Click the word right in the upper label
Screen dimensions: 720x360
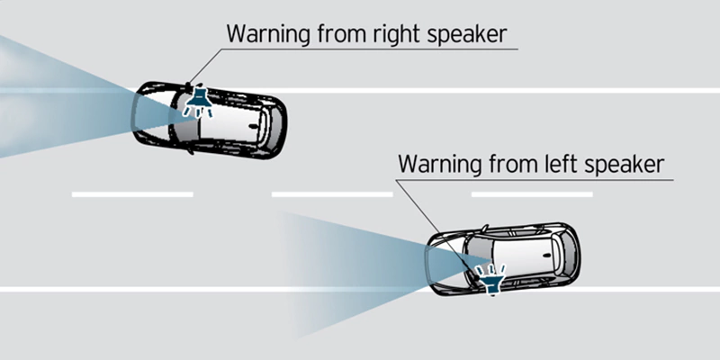(x=397, y=34)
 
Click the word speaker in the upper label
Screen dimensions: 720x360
(x=468, y=35)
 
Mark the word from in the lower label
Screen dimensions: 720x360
(x=508, y=164)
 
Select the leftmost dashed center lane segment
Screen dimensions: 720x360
(x=132, y=194)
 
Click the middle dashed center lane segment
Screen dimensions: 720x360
(x=332, y=194)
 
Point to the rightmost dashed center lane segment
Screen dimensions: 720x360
(x=532, y=194)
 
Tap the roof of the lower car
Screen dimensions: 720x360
(x=524, y=255)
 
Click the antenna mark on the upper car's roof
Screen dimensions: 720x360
(x=252, y=125)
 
